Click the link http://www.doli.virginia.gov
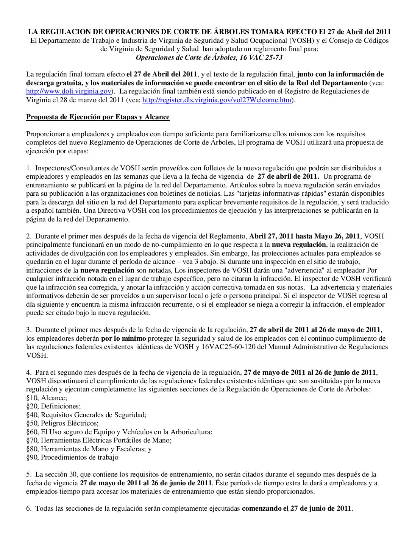pos(69,91)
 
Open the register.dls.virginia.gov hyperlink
pos(217,100)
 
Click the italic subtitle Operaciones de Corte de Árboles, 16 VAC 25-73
pos(209,58)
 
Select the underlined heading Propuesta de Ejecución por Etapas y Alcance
pos(98,117)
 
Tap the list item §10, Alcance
pos(47,398)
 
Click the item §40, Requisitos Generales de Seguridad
pos(86,415)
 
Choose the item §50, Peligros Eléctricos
pos(62,423)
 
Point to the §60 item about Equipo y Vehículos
pos(119,432)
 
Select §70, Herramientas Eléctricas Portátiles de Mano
pos(99,440)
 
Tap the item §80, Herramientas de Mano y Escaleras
pos(89,449)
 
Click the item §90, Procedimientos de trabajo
pos(72,457)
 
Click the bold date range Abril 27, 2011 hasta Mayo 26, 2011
pos(304,236)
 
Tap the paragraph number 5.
pos(28,474)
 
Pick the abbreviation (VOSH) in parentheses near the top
pos(301,41)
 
